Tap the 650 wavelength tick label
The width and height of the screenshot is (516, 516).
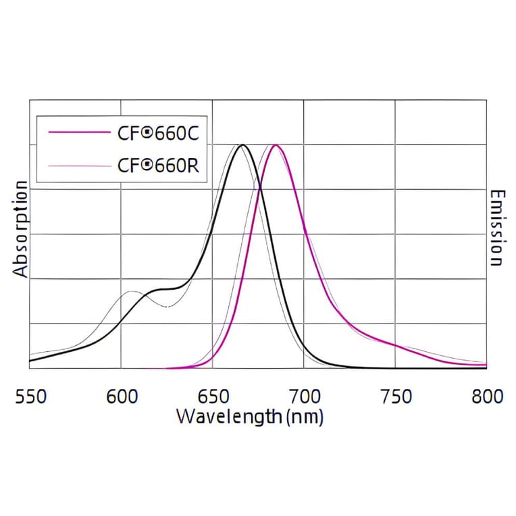[213, 396]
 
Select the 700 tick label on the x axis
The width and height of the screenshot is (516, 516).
[304, 396]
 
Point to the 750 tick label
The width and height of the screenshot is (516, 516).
[395, 396]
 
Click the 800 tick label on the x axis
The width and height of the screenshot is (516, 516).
[486, 396]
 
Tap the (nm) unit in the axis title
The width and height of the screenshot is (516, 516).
[305, 417]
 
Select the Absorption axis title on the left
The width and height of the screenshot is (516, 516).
[21, 230]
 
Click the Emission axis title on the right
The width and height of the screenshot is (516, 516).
[496, 228]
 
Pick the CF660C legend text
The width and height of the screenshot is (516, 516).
[158, 133]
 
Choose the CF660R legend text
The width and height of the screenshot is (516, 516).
[158, 165]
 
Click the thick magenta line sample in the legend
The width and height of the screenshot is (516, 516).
[78, 133]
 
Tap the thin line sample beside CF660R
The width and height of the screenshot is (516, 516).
[78, 165]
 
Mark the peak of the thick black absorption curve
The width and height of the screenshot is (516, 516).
[242, 145]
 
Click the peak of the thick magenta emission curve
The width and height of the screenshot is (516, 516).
[275, 145]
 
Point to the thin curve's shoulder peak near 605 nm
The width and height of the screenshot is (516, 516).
[132, 292]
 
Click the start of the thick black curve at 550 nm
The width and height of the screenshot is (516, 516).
[30, 360]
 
